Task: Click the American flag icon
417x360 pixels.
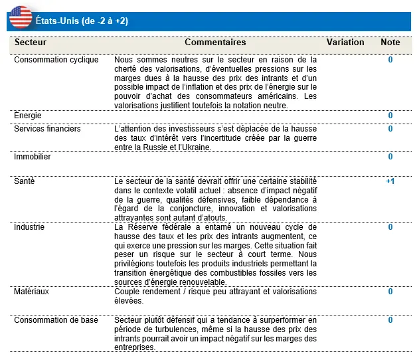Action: (x=21, y=17)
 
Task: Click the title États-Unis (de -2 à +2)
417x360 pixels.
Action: (x=82, y=21)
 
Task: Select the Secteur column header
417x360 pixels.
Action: (x=31, y=43)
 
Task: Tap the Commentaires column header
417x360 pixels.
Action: (x=215, y=43)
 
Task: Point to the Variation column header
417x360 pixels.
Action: (x=345, y=43)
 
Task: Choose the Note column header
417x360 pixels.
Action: (x=390, y=43)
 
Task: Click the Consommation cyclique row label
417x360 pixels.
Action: (x=56, y=60)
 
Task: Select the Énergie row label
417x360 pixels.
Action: (x=28, y=116)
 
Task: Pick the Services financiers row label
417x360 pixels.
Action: (x=48, y=129)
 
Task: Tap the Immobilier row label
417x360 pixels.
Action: (x=33, y=157)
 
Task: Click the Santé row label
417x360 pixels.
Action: (x=25, y=181)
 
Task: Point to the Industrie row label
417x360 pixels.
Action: (x=29, y=227)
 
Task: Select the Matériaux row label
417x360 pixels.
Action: (x=32, y=292)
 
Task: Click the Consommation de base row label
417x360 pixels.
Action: (x=56, y=320)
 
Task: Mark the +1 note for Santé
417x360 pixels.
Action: (x=390, y=181)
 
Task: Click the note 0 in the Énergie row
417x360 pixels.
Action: (x=390, y=116)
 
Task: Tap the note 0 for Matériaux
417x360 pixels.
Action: (x=390, y=292)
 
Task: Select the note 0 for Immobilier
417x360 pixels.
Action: (x=390, y=157)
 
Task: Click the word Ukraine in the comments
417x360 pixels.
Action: (x=197, y=147)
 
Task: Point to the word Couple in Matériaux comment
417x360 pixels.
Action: (x=127, y=292)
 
